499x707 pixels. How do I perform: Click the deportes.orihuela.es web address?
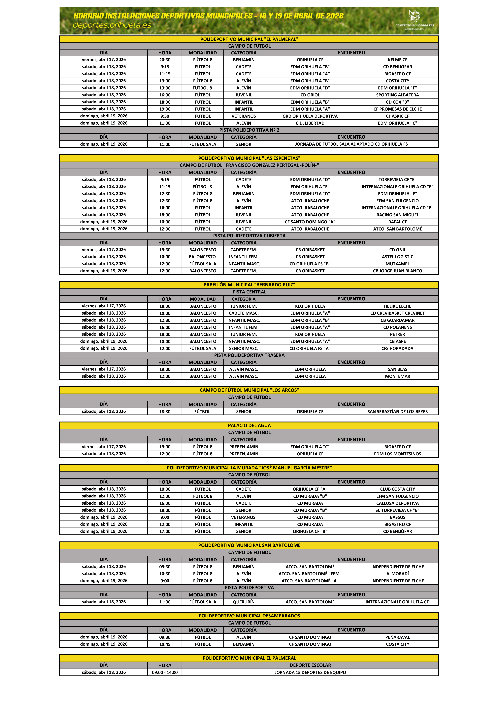pos(112,25)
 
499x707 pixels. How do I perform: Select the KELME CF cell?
pos(397,60)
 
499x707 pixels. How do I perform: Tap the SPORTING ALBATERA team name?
pos(397,95)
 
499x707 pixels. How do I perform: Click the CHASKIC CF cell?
pos(397,116)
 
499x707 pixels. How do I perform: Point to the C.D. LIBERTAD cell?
pos(310,123)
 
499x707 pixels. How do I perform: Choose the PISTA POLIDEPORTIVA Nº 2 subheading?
pos(249,130)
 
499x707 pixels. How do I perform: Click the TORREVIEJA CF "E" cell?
pos(397,179)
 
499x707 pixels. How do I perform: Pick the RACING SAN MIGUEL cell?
pos(397,215)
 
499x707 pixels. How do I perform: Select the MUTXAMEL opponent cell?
pos(397,264)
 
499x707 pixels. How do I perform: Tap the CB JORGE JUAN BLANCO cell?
pos(397,271)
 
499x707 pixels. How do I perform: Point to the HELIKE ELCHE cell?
pos(397,306)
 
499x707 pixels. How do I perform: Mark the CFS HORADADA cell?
pos(397,349)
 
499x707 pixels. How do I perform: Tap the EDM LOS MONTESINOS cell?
pos(397,454)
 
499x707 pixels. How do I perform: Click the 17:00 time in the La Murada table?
pos(165,531)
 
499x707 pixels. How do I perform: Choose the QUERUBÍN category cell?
pos(244,602)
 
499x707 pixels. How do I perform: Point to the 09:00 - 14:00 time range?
pos(165,673)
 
